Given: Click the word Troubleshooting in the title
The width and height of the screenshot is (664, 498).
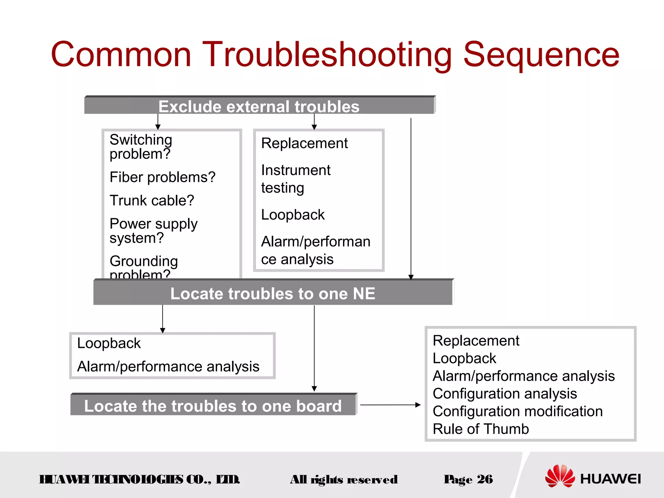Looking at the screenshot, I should pos(327,55).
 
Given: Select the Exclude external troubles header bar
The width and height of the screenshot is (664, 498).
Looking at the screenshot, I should pos(259,106).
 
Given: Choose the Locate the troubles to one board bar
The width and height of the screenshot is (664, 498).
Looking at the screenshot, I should pos(213,406).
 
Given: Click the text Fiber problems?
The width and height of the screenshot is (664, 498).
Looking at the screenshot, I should pos(162,177).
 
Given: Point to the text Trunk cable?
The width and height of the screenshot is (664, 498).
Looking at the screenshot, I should pos(152,200).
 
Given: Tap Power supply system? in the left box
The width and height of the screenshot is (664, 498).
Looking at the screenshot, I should pos(153,231).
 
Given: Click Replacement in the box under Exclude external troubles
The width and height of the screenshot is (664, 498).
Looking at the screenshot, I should pos(304,143).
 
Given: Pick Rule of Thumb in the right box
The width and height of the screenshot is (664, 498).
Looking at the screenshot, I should pos(480,429).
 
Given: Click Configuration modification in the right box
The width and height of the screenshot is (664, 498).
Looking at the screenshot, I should pos(517,411).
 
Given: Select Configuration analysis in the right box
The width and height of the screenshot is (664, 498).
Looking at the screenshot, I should pos(504,394).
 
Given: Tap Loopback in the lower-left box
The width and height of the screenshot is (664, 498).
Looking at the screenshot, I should pos(109,343).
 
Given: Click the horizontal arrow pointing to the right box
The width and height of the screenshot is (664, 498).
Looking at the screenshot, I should pos(390,405).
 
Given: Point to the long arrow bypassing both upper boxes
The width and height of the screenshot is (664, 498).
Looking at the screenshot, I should pos(411,198).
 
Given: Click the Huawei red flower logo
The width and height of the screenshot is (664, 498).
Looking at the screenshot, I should pos(560,476).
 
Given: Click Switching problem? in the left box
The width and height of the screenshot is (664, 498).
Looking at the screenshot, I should pos(140,147).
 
